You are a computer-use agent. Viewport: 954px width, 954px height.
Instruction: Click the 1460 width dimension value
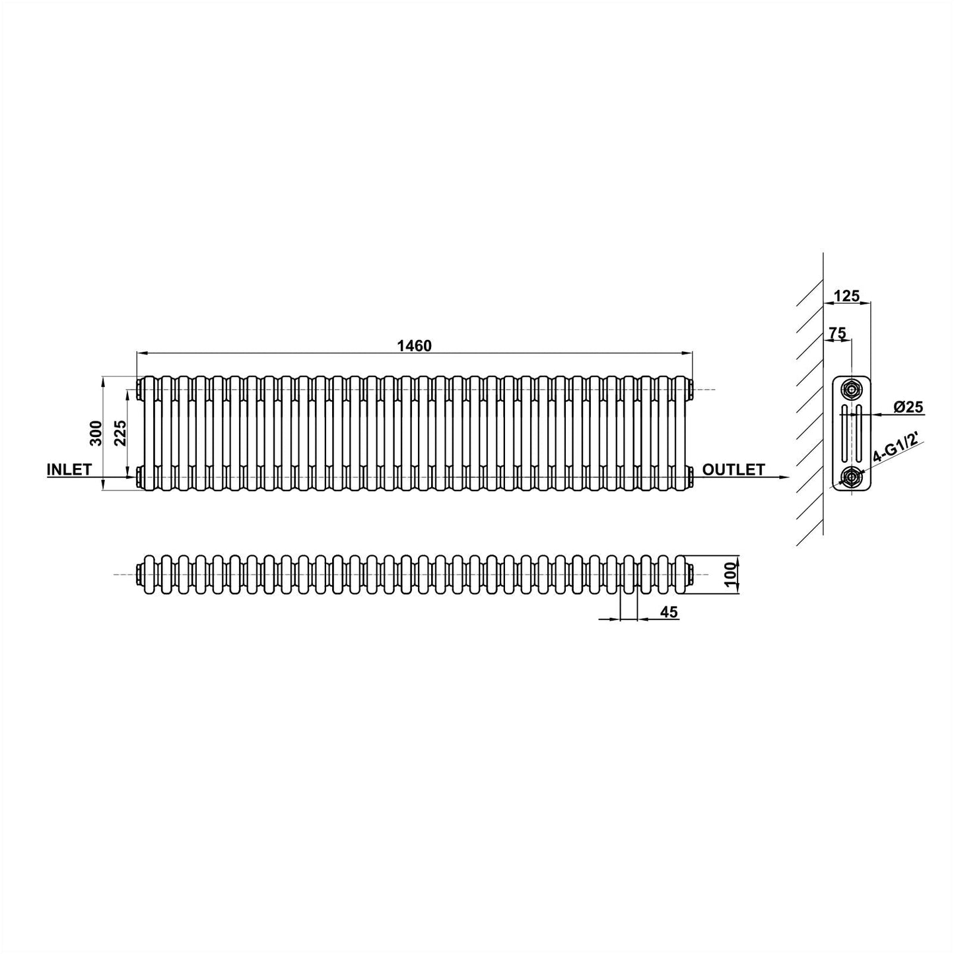click(x=414, y=345)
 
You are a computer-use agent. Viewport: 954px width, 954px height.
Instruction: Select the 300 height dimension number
click(x=96, y=433)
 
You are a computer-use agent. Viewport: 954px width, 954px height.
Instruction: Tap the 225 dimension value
click(x=120, y=433)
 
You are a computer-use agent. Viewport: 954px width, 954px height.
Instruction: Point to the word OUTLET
click(x=733, y=469)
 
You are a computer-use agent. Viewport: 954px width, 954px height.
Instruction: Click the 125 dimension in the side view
click(x=846, y=296)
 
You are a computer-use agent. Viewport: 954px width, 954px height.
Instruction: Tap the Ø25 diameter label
click(x=908, y=407)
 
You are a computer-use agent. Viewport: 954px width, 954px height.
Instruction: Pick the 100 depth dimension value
click(x=730, y=574)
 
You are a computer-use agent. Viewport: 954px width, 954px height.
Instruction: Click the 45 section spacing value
click(x=669, y=613)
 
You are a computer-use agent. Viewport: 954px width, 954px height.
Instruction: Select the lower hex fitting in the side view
click(x=852, y=477)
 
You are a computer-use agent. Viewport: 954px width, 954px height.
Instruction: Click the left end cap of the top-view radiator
click(x=138, y=574)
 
